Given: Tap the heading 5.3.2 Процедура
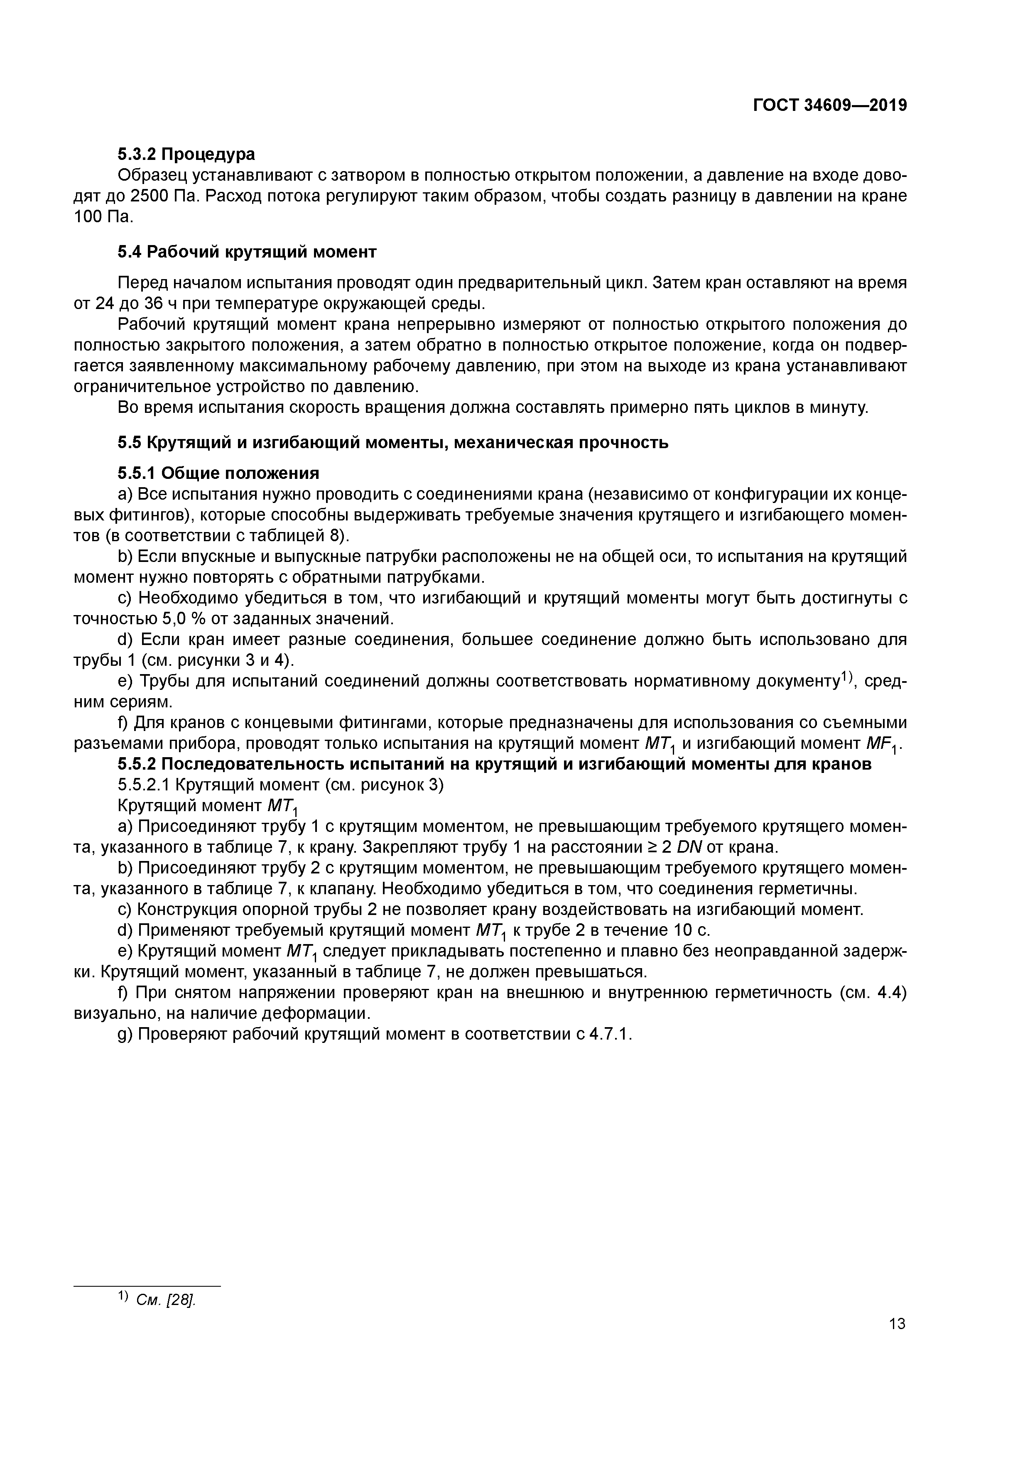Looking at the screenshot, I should pos(186,154).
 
